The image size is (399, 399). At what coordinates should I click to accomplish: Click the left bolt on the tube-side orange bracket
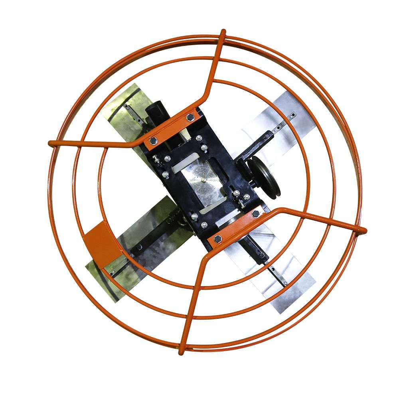tap(153, 140)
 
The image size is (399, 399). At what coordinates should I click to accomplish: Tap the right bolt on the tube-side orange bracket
tap(190, 117)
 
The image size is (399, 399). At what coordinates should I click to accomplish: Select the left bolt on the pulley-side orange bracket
tap(217, 239)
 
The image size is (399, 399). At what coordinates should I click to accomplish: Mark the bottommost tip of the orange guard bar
tap(181, 353)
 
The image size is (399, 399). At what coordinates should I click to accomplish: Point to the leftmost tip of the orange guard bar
tap(50, 143)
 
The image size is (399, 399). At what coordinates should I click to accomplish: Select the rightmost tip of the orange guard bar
tap(363, 230)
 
